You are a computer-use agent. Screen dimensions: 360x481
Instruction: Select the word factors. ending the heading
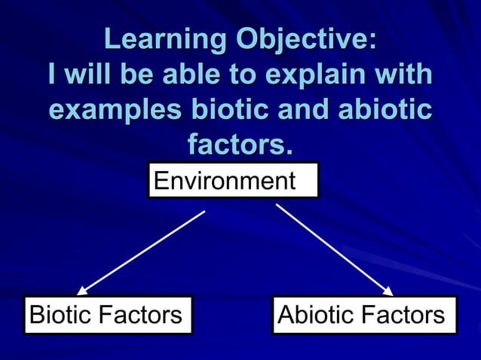[240, 144]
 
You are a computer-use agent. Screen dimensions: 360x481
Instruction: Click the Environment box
[233, 182]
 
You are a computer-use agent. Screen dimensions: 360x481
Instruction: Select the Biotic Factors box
[107, 315]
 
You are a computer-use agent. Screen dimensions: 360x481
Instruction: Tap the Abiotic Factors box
[363, 315]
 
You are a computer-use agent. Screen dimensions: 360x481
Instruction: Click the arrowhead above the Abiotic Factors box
[388, 291]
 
